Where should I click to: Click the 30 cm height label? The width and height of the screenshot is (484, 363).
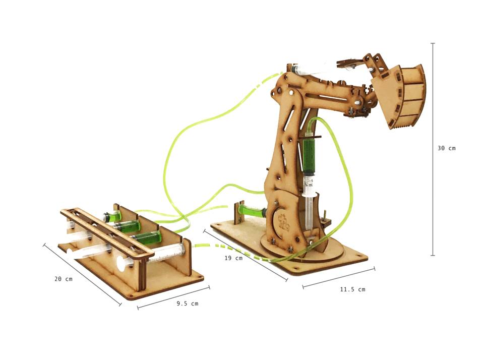[x=446, y=148]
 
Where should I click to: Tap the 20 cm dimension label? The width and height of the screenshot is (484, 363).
[x=64, y=279]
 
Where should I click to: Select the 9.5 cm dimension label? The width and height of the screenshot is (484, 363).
[x=188, y=304]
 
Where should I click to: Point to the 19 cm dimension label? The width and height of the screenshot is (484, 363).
[x=233, y=258]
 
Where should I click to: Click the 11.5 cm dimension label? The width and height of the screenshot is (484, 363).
[x=352, y=289]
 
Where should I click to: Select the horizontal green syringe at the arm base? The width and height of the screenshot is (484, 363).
[x=252, y=211]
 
